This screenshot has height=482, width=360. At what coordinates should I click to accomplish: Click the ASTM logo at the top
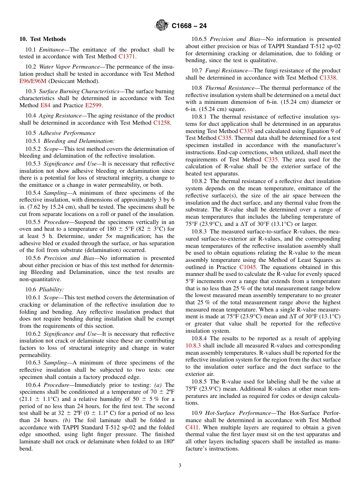click(162, 26)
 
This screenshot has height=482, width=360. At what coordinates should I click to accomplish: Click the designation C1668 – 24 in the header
click(189, 26)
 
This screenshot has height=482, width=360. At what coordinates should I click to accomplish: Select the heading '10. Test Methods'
click(42, 39)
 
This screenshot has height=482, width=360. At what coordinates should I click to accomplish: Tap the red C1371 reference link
click(127, 56)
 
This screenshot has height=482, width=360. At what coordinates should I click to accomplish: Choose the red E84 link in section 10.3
click(45, 105)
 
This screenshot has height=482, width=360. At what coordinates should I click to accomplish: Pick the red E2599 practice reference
click(93, 105)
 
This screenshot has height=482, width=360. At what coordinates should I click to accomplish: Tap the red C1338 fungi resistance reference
click(327, 78)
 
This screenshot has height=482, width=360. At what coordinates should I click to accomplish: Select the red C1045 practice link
click(248, 267)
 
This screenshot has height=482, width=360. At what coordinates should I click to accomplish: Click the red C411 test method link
click(192, 427)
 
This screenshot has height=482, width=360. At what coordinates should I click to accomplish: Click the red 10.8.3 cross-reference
click(193, 346)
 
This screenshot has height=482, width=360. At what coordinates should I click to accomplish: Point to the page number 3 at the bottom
click(180, 466)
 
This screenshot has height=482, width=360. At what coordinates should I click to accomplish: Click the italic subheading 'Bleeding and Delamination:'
click(79, 141)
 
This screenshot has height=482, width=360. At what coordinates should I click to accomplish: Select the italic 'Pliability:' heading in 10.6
click(52, 290)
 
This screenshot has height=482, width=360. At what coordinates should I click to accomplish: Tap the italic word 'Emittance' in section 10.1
click(52, 50)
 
